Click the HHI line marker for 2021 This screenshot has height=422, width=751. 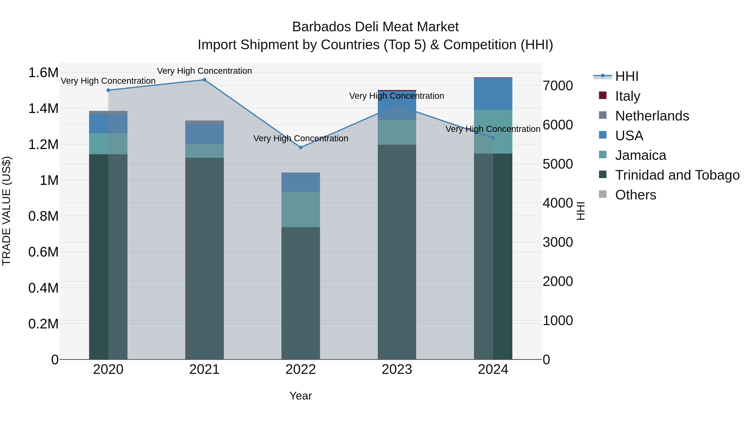click(x=204, y=80)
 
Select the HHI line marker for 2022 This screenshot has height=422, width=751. click(x=301, y=147)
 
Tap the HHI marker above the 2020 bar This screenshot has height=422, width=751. click(x=108, y=90)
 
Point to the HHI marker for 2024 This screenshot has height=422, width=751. click(x=493, y=138)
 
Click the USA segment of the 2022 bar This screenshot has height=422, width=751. click(x=301, y=182)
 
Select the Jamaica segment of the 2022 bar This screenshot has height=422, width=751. click(x=301, y=209)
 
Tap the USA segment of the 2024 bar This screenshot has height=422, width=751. click(x=493, y=94)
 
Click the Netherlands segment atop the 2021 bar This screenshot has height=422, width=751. click(x=204, y=122)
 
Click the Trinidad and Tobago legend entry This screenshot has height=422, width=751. click(x=677, y=175)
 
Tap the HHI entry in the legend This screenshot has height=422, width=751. click(x=626, y=76)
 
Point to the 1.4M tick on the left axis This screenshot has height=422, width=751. click(x=43, y=109)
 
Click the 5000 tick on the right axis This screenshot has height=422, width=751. click(x=558, y=164)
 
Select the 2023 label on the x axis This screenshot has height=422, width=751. click(x=397, y=369)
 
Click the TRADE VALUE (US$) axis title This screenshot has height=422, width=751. click(x=7, y=211)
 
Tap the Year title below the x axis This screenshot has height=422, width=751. click(x=301, y=396)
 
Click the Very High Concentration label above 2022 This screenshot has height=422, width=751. click(x=301, y=138)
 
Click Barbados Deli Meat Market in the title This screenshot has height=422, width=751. click(x=375, y=27)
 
